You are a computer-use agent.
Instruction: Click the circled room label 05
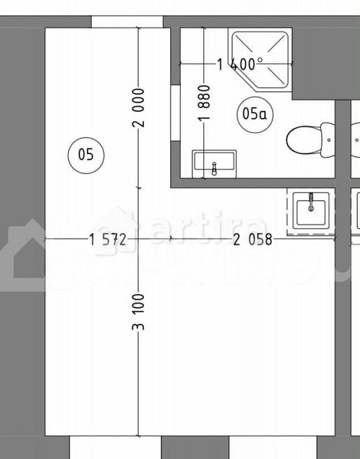click(86, 154)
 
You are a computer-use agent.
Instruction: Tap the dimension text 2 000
click(139, 108)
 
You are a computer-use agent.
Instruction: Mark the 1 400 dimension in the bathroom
click(236, 65)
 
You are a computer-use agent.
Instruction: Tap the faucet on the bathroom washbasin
click(214, 166)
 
